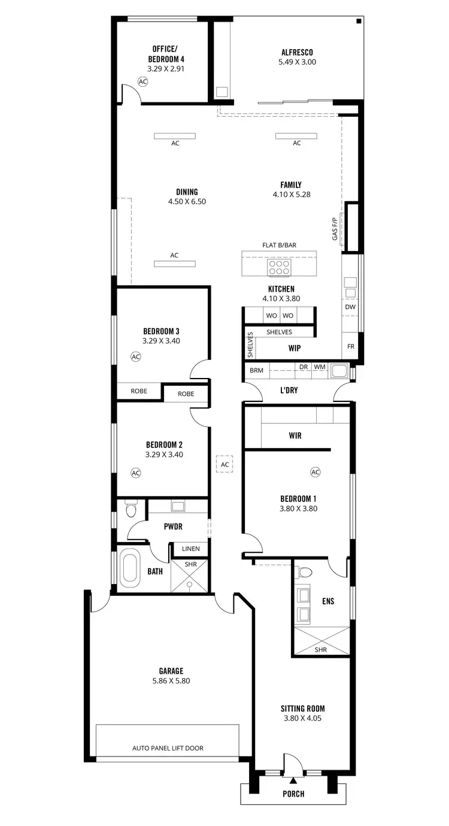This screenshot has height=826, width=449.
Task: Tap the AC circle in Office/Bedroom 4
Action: point(142,81)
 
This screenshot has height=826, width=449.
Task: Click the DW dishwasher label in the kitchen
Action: point(350,307)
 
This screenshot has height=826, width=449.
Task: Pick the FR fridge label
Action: point(350,346)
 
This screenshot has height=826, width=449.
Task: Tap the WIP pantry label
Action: point(294,347)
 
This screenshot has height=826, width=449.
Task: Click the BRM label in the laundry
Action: point(256,371)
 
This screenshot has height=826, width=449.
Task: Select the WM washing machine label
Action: point(319,367)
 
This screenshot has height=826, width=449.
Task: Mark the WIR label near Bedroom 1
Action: point(295,435)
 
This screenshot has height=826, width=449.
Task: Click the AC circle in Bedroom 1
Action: point(315,472)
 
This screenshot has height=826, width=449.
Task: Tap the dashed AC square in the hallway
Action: point(224,464)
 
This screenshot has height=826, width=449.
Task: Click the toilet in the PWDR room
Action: point(131,510)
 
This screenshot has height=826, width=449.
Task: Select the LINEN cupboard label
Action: point(190,549)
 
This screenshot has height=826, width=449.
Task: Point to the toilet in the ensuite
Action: point(304,572)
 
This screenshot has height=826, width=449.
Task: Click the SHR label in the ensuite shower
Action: point(321,649)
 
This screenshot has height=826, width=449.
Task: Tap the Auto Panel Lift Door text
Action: point(168,748)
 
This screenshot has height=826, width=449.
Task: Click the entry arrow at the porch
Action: point(293,780)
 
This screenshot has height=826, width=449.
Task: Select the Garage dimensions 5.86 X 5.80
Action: point(171,680)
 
